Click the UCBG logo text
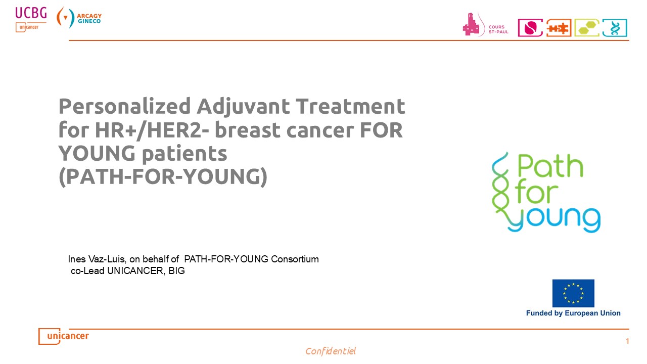(x=31, y=13)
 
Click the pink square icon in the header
(x=530, y=28)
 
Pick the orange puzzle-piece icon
(x=559, y=28)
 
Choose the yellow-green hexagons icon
(x=587, y=28)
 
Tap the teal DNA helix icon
(x=615, y=28)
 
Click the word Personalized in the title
(x=124, y=107)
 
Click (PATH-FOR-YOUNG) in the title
(x=163, y=176)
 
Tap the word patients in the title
(x=184, y=154)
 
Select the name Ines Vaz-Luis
(x=97, y=259)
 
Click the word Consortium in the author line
(x=295, y=259)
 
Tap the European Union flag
(x=573, y=293)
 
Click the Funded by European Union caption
(x=573, y=313)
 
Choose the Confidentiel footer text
(x=331, y=351)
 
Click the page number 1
(x=627, y=341)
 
